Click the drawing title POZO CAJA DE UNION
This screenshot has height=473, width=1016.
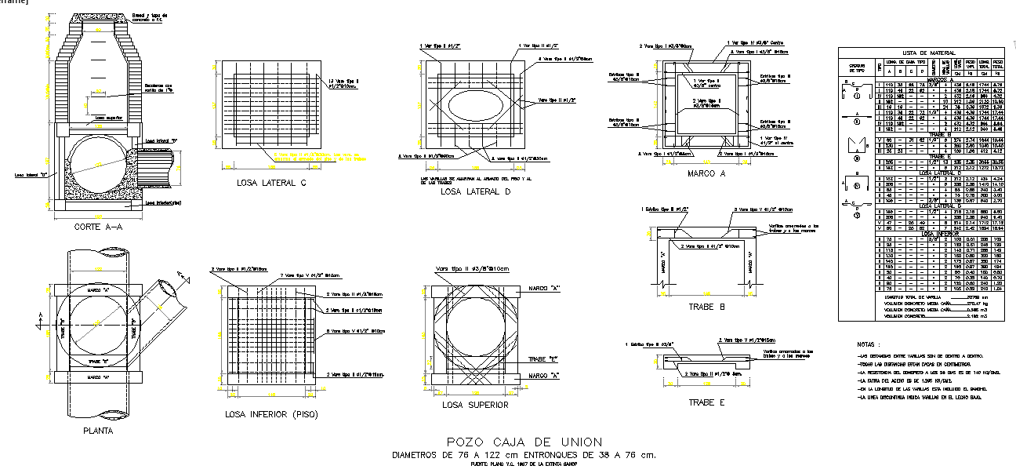point(524,442)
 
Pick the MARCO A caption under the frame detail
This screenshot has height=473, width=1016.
point(705,173)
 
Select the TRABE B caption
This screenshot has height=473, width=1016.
point(705,307)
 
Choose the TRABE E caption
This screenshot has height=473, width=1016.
point(705,402)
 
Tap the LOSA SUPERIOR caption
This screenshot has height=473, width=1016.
point(475,405)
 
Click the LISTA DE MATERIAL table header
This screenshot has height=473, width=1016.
point(921,53)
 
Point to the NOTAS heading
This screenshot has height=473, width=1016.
point(869,344)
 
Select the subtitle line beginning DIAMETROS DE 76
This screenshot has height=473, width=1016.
point(524,455)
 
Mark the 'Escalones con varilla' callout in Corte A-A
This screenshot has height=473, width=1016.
point(158,89)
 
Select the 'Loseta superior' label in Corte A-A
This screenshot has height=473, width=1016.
point(107,118)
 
